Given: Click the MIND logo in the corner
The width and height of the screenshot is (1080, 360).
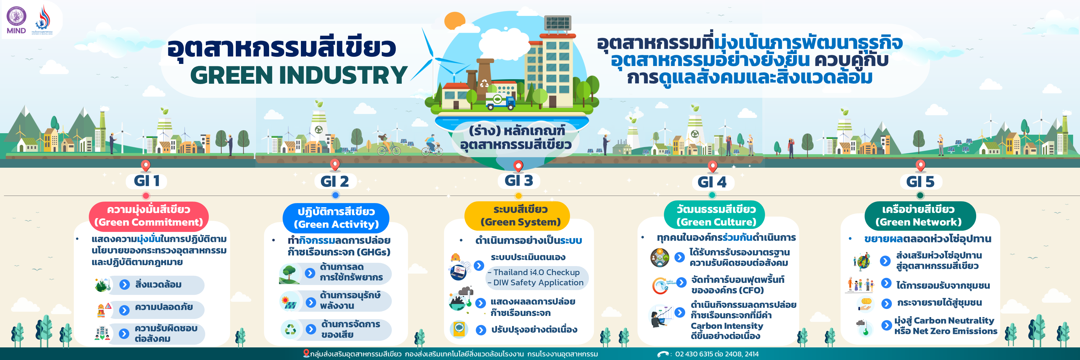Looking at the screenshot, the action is tap(16, 20).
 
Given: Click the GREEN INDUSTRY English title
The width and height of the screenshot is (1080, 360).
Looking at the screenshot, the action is tap(299, 75).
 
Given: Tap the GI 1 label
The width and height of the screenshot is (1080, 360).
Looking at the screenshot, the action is tap(147, 181).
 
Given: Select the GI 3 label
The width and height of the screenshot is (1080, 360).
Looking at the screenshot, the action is tap(519, 181).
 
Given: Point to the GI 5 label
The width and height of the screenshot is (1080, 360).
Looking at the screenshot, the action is tap(920, 181).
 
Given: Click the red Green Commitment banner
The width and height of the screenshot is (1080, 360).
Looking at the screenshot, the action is tap(148, 216).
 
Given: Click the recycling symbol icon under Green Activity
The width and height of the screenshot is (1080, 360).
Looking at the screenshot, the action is tap(290, 329).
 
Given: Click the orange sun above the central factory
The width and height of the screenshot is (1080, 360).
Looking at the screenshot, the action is tap(455, 21).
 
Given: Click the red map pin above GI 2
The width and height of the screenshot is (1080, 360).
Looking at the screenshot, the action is tap(335, 165).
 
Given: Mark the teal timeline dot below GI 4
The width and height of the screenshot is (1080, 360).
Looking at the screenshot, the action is tap(712, 195).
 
